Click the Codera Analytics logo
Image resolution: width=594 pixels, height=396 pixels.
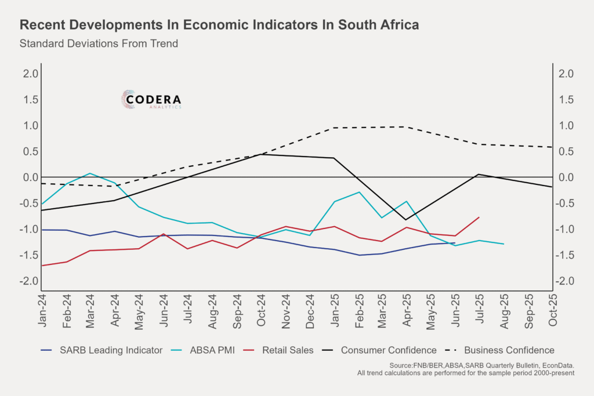pyautogui.click(x=151, y=100)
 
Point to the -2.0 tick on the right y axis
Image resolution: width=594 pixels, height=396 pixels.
pyautogui.click(x=564, y=281)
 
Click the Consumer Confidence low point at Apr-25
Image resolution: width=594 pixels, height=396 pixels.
pyautogui.click(x=405, y=220)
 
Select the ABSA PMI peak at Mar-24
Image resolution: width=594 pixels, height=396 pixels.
pyautogui.click(x=90, y=173)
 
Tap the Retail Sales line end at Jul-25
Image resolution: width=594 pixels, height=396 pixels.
pyautogui.click(x=479, y=217)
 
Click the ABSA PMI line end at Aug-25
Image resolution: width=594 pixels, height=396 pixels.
pyautogui.click(x=503, y=244)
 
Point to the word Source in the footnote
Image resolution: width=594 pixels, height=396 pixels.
pyautogui.click(x=400, y=365)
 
